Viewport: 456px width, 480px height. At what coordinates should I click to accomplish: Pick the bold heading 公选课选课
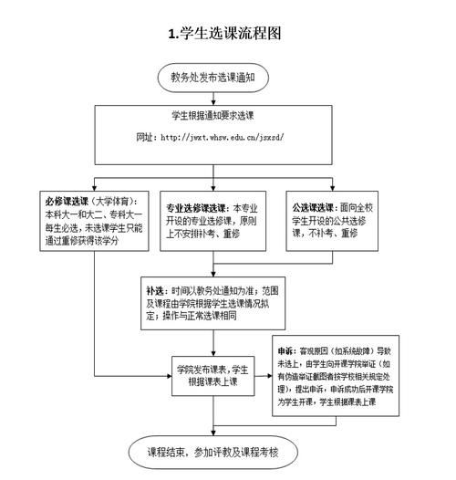point(312,207)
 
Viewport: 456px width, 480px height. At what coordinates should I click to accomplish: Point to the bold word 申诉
point(287,350)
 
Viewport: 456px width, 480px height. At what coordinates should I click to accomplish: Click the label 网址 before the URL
point(147,139)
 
